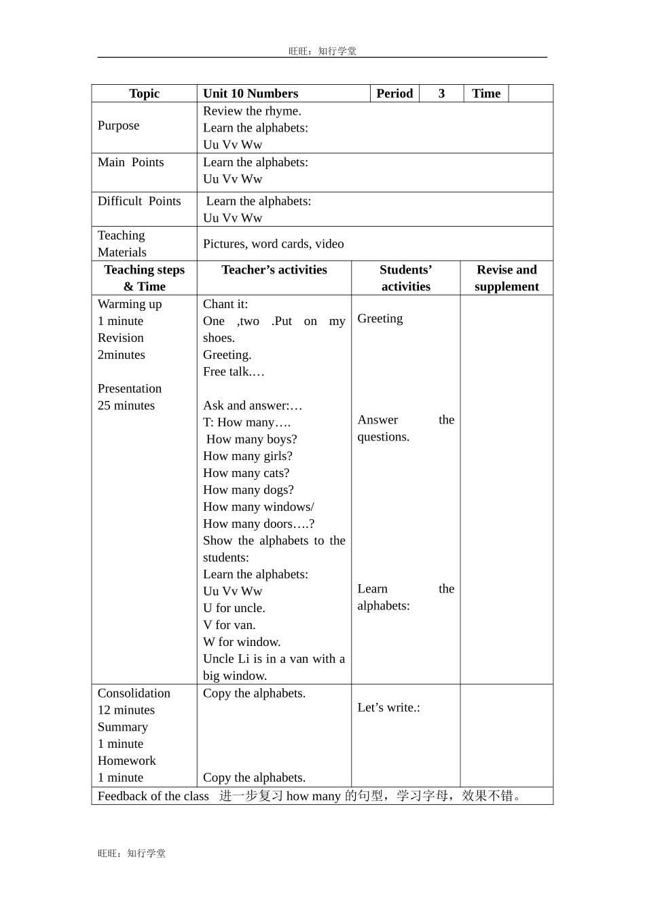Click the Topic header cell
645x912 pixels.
coord(144,94)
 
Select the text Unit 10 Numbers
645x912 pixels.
coord(251,94)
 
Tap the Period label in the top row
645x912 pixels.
coord(394,94)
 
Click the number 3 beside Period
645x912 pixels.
coord(441,94)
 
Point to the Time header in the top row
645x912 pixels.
coord(486,94)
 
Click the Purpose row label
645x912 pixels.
coord(118,126)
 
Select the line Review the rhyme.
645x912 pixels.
coord(252,111)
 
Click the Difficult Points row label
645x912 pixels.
coord(139,201)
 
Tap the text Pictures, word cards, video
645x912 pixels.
coord(273,244)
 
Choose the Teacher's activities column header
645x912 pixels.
coord(274,270)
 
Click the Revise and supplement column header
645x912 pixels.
coord(506,278)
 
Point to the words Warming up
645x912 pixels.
coord(130,304)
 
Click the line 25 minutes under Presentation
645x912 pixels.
coord(126,406)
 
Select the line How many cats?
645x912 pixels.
coord(246,473)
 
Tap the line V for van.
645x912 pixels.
coord(229,625)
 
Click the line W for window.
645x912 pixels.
coord(241,642)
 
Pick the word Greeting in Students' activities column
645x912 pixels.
coord(380,319)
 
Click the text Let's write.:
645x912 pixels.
coord(388,708)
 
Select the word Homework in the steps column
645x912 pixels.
coord(126,761)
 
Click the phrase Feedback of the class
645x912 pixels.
coord(153,796)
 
